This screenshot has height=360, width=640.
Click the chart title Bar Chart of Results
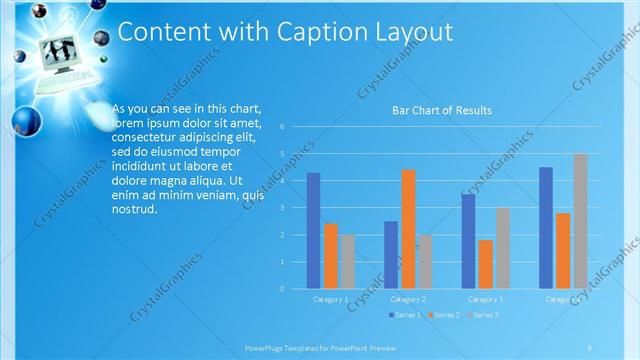(x=441, y=110)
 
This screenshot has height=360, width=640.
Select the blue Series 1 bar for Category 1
(x=313, y=231)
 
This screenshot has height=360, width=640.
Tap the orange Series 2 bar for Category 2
(x=408, y=229)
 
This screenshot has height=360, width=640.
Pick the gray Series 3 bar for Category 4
(x=581, y=221)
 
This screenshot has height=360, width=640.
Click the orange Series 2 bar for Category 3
(x=486, y=264)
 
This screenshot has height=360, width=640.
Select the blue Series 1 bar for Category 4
(x=546, y=228)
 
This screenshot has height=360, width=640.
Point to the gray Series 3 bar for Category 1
(x=347, y=262)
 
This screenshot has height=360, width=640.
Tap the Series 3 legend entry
(x=485, y=315)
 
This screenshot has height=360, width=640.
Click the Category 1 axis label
(x=331, y=299)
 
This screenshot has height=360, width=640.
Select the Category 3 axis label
(x=486, y=299)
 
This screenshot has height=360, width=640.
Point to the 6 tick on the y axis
(x=284, y=127)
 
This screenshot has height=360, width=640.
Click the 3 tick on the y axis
(x=284, y=208)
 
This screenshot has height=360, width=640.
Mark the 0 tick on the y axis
(x=284, y=289)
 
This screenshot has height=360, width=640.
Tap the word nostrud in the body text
(x=135, y=210)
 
